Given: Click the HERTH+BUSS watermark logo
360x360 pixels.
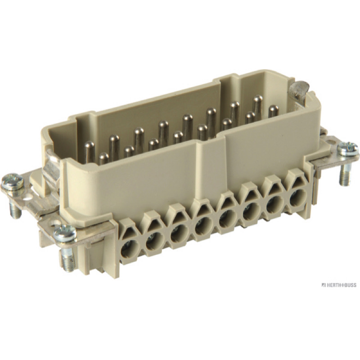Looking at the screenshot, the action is [x=338, y=285].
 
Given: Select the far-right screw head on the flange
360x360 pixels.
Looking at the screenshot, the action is [x=348, y=149].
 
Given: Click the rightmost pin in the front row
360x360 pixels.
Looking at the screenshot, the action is [x=273, y=111].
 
